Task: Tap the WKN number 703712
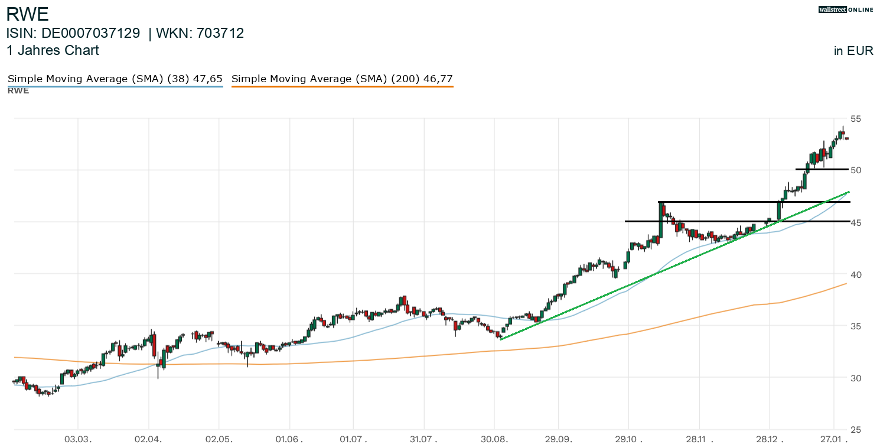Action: point(220,34)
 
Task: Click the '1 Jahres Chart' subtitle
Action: point(53,51)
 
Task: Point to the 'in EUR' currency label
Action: point(853,51)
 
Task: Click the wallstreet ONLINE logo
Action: point(845,9)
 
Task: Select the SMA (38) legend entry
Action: point(115,79)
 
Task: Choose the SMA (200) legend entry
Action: point(342,79)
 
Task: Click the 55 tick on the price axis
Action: point(856,119)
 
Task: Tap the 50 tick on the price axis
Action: point(856,170)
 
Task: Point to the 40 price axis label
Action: point(856,274)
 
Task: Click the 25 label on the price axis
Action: point(856,430)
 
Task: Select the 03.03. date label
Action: point(78,439)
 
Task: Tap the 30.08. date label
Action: point(495,439)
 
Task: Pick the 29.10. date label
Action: point(629,439)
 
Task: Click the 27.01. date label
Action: point(834,439)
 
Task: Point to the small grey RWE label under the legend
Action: point(18,91)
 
